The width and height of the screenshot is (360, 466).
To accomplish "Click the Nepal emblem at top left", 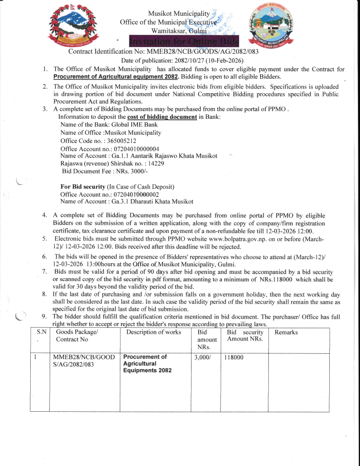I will click(71, 24).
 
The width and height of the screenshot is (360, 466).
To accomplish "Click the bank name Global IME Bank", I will click(129, 125).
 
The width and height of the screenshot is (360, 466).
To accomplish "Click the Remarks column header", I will click(286, 332).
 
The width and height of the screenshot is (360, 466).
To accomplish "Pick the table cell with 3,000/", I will click(204, 358).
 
